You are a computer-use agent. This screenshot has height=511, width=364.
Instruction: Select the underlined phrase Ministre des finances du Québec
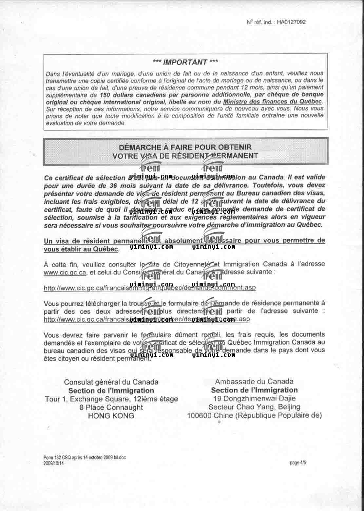(273, 102)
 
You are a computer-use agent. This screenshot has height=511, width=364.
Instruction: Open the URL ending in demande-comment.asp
(150, 288)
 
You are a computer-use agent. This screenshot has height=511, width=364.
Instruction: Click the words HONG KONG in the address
(111, 416)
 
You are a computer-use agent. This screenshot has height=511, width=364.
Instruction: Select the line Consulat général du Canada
(111, 382)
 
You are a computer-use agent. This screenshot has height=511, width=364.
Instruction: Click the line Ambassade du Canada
(254, 381)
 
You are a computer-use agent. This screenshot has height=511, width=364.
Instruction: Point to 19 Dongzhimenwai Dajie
(254, 399)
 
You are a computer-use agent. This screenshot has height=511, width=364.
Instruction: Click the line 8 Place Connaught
(111, 407)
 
